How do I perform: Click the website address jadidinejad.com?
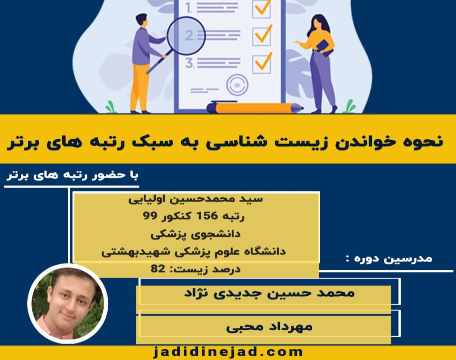(x=228, y=351)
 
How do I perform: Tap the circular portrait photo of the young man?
(x=68, y=303)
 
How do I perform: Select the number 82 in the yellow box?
(x=158, y=269)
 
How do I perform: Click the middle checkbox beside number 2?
(x=262, y=36)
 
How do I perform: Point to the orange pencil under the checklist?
(x=255, y=107)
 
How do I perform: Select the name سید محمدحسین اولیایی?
(x=196, y=200)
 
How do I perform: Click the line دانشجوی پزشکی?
(x=196, y=234)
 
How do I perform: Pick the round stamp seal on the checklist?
(x=237, y=85)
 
